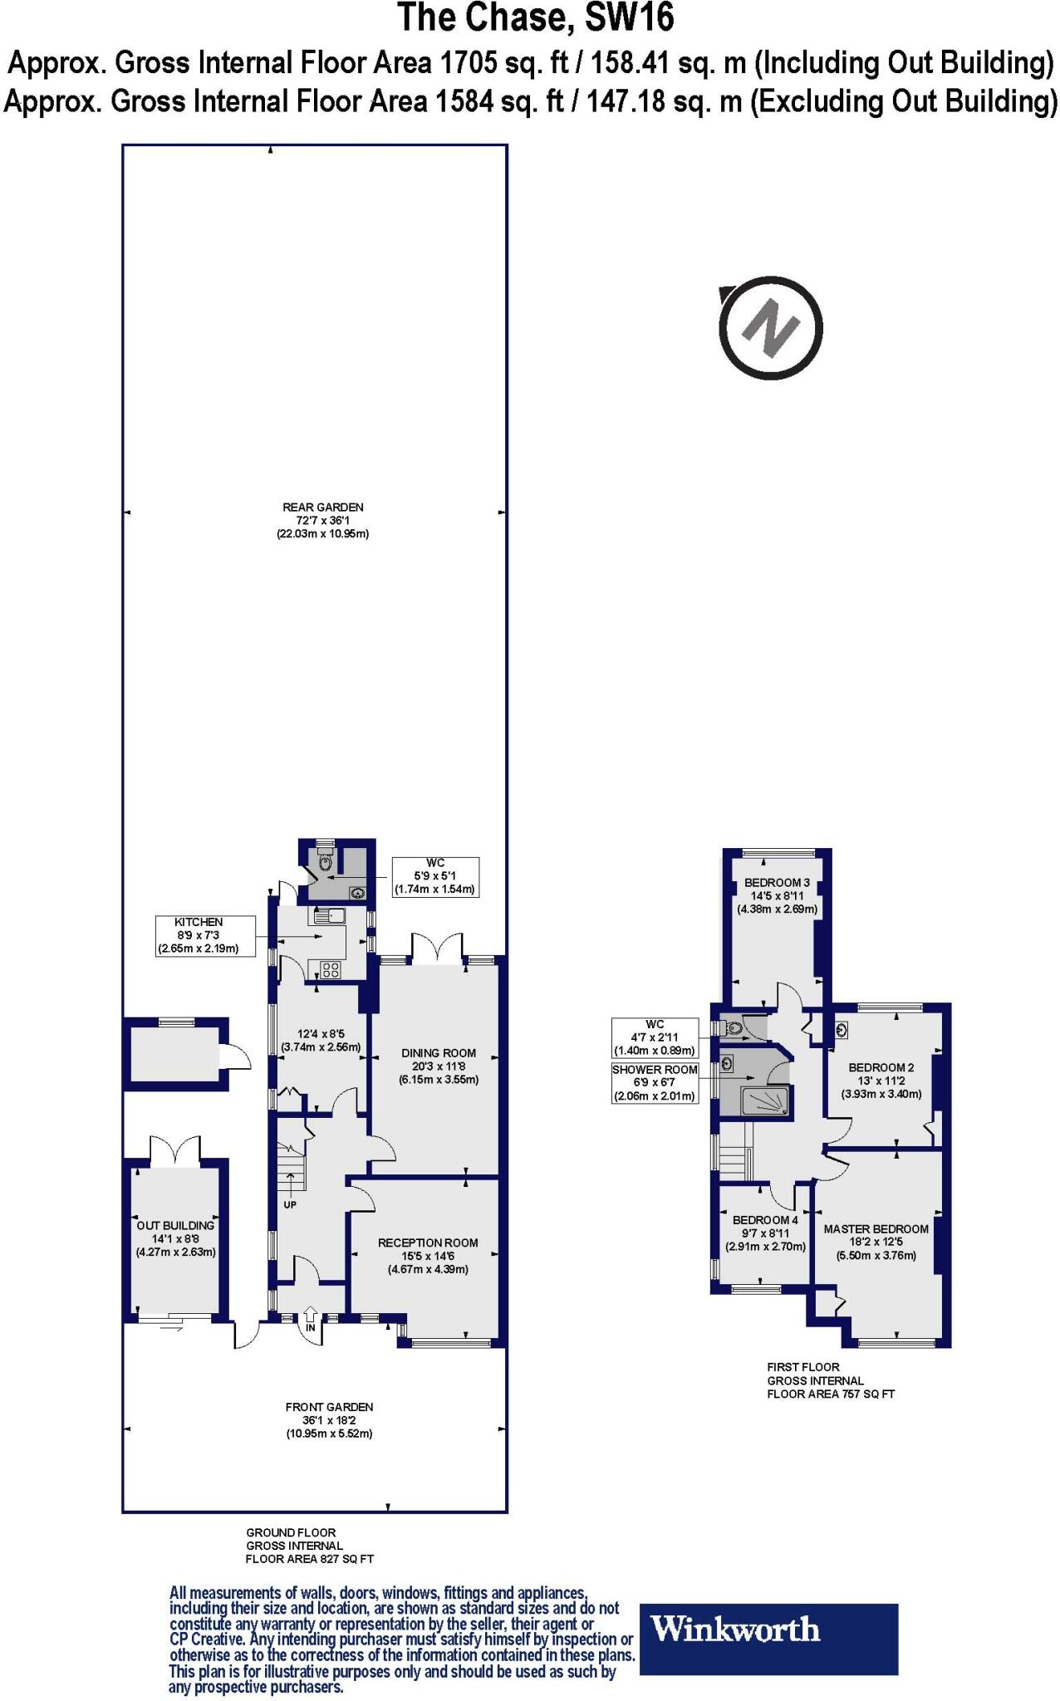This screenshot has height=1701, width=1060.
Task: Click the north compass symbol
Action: coord(771,328)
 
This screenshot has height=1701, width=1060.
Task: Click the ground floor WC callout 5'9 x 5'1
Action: coord(435,876)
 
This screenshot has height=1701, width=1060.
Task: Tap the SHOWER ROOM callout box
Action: coord(655,1082)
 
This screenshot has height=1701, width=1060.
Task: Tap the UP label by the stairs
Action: coord(290,1204)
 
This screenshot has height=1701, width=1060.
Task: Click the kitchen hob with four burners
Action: coord(330,969)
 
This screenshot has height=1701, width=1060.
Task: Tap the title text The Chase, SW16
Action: coord(535,18)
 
